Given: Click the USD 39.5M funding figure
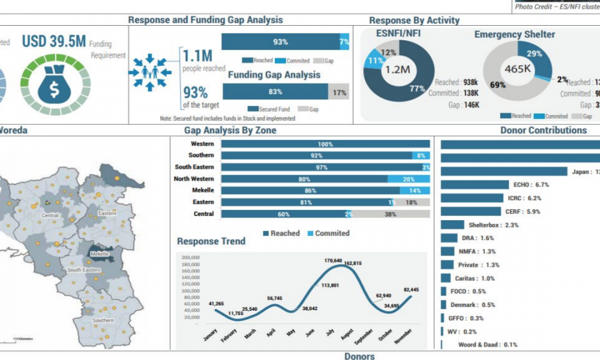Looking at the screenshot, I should [54, 41].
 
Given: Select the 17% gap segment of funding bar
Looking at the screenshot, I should [339, 92].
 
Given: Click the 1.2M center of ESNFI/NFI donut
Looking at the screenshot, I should [397, 70].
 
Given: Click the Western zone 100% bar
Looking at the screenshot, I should [326, 144].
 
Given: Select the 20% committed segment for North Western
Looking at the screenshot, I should [409, 179].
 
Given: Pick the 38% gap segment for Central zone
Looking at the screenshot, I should [391, 214].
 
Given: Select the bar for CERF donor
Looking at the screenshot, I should [470, 211].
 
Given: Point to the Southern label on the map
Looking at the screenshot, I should [103, 320].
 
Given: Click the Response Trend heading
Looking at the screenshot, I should [211, 241].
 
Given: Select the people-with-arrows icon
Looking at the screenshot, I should [150, 72].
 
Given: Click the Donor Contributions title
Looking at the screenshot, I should [543, 130].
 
